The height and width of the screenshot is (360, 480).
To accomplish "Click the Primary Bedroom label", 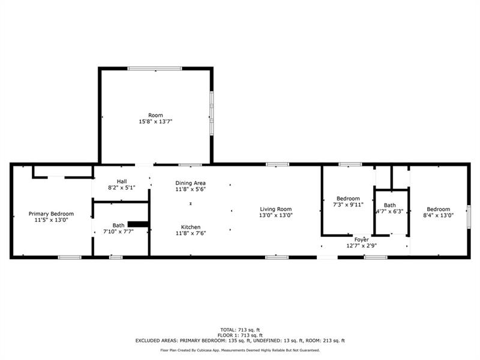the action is click(x=51, y=214).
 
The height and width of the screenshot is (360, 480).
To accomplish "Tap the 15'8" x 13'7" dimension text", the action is click(x=155, y=122).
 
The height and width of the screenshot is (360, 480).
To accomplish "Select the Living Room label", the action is click(x=276, y=209).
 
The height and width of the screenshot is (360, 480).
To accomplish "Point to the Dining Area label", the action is click(x=190, y=183).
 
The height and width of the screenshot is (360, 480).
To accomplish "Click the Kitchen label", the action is click(x=191, y=227).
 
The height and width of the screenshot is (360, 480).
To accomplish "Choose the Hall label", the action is click(x=122, y=182).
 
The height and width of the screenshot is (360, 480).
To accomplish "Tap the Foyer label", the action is click(x=362, y=239).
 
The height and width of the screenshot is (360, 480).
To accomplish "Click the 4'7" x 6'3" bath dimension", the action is click(x=389, y=212).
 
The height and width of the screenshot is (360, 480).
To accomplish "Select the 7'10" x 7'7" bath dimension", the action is click(x=118, y=232).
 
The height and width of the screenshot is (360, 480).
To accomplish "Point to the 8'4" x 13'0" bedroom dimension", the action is click(x=439, y=215).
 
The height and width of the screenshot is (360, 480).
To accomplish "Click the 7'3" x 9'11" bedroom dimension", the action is click(x=348, y=205).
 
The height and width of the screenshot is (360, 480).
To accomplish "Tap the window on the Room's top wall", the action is click(x=155, y=68).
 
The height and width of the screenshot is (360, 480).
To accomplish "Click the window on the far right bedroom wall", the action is click(x=469, y=217).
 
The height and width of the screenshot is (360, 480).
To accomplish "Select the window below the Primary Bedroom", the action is click(x=70, y=257).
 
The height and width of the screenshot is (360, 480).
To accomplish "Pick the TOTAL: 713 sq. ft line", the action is click(x=240, y=330).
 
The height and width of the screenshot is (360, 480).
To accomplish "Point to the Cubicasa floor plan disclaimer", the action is click(x=240, y=350).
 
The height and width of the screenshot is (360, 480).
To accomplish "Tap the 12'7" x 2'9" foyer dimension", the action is click(x=362, y=245).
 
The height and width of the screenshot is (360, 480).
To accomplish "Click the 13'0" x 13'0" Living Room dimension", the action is click(x=276, y=215).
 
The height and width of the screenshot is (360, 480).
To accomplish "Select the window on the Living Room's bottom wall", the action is click(x=277, y=257).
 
